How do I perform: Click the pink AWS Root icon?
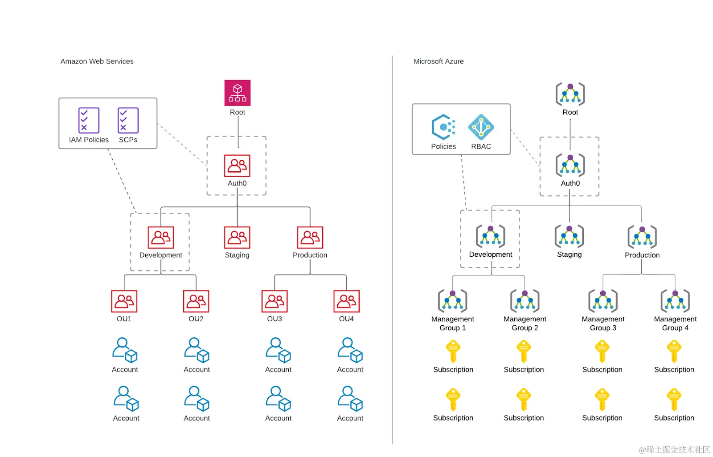(237, 93)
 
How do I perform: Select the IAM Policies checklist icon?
(89, 120)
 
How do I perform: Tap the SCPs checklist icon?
(128, 120)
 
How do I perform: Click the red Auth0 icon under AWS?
(237, 166)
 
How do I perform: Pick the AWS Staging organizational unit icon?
(237, 237)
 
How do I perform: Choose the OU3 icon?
(275, 301)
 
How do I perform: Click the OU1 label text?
(124, 319)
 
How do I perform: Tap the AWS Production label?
(310, 255)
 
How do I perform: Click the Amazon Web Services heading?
(97, 61)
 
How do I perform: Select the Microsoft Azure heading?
(438, 61)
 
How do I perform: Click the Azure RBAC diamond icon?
(481, 127)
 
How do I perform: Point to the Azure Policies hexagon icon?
(443, 127)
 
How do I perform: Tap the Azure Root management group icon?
(570, 94)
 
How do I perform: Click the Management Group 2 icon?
(525, 300)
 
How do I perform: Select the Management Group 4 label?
(675, 324)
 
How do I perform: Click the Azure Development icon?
(490, 236)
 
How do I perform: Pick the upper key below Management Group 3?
(602, 352)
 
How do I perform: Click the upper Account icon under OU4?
(350, 350)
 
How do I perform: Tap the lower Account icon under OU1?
(126, 399)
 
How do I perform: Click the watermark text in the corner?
(674, 449)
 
